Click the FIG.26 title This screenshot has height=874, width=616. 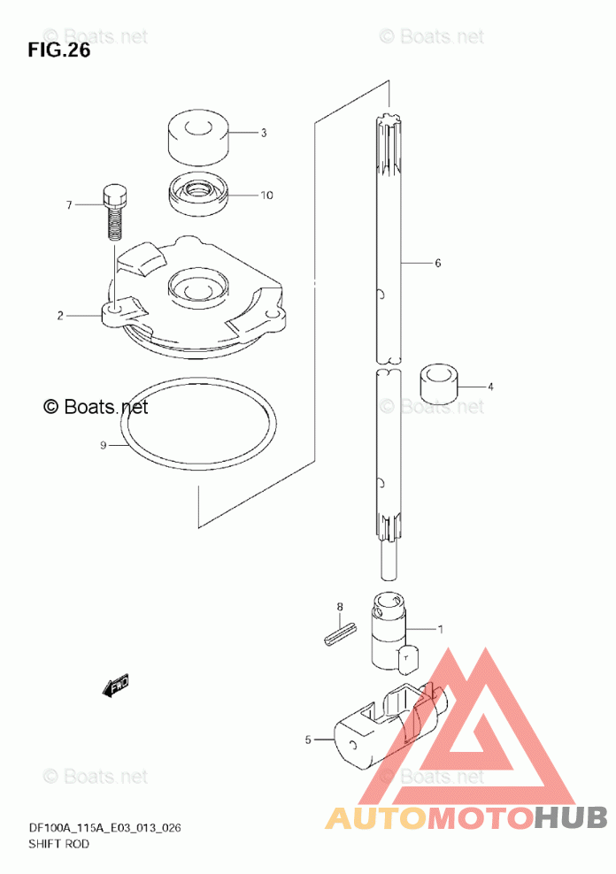click(59, 50)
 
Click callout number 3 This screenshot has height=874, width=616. click(263, 134)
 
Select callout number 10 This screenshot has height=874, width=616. click(266, 195)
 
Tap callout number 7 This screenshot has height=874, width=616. click(67, 205)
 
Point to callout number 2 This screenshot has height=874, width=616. click(60, 316)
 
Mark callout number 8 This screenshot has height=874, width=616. click(338, 606)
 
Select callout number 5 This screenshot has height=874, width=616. click(308, 740)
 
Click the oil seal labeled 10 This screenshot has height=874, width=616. click(197, 195)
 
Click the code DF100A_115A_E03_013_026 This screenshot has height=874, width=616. click(105, 828)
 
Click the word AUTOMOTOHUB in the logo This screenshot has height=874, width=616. click(466, 817)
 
